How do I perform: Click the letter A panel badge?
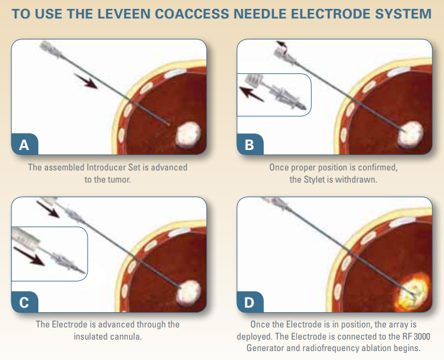(x=24, y=145)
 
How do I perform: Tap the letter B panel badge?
(x=250, y=145)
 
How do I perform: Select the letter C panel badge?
(x=24, y=302)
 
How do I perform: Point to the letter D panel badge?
(x=250, y=302)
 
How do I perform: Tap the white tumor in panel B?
(x=410, y=133)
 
